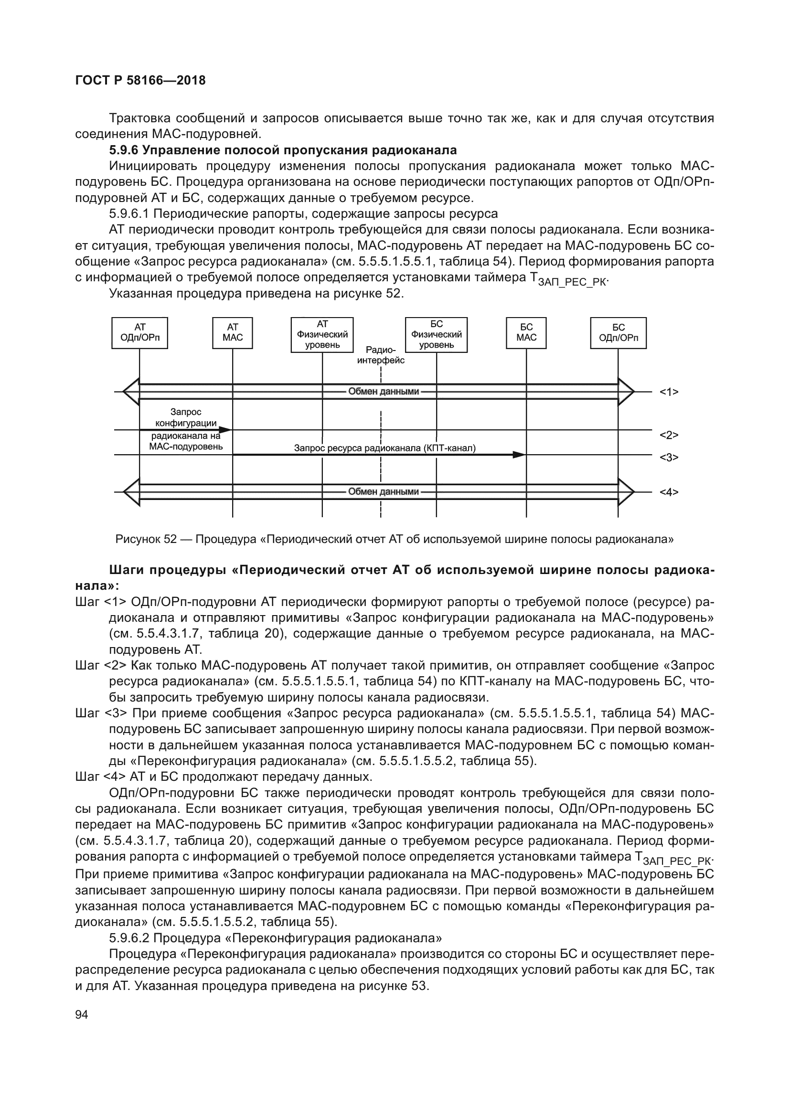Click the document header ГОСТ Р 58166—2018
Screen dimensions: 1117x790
140,80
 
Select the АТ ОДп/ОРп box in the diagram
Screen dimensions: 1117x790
139,333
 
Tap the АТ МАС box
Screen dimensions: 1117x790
233,333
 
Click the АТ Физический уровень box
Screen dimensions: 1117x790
322,335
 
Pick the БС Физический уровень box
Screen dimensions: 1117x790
437,335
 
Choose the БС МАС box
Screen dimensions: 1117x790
526,333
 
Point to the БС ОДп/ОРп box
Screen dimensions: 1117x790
618,333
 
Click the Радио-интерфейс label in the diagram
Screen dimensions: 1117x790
381,355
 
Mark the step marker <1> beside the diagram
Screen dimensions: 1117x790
669,392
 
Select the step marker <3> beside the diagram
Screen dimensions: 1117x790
669,457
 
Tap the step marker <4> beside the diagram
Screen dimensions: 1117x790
669,492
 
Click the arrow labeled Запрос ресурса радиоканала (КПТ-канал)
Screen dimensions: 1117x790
379,454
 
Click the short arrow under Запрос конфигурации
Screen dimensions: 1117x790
185,430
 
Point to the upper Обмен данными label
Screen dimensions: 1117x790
384,392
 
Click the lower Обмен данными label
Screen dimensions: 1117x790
384,492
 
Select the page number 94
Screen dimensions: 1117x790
82,1015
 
